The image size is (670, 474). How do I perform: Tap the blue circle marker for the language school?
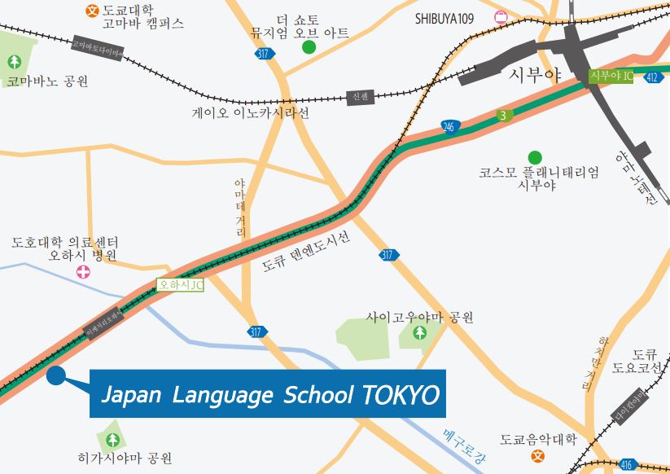(x=56, y=375)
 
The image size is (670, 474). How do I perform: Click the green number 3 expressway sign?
(x=503, y=116)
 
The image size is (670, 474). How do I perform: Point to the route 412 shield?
(x=651, y=77)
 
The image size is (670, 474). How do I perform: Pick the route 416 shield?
(x=625, y=464)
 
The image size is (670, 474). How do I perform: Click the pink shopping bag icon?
(x=500, y=16)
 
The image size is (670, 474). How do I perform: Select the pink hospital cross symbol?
(x=83, y=271)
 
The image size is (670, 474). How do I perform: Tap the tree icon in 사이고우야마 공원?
(x=419, y=332)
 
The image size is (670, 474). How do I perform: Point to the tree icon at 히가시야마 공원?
(x=112, y=440)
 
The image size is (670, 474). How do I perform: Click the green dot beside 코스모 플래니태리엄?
(x=534, y=157)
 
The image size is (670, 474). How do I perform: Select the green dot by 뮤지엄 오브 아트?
(x=309, y=47)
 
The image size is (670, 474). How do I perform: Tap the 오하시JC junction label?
(x=181, y=285)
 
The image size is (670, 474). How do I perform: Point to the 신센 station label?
(x=360, y=96)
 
